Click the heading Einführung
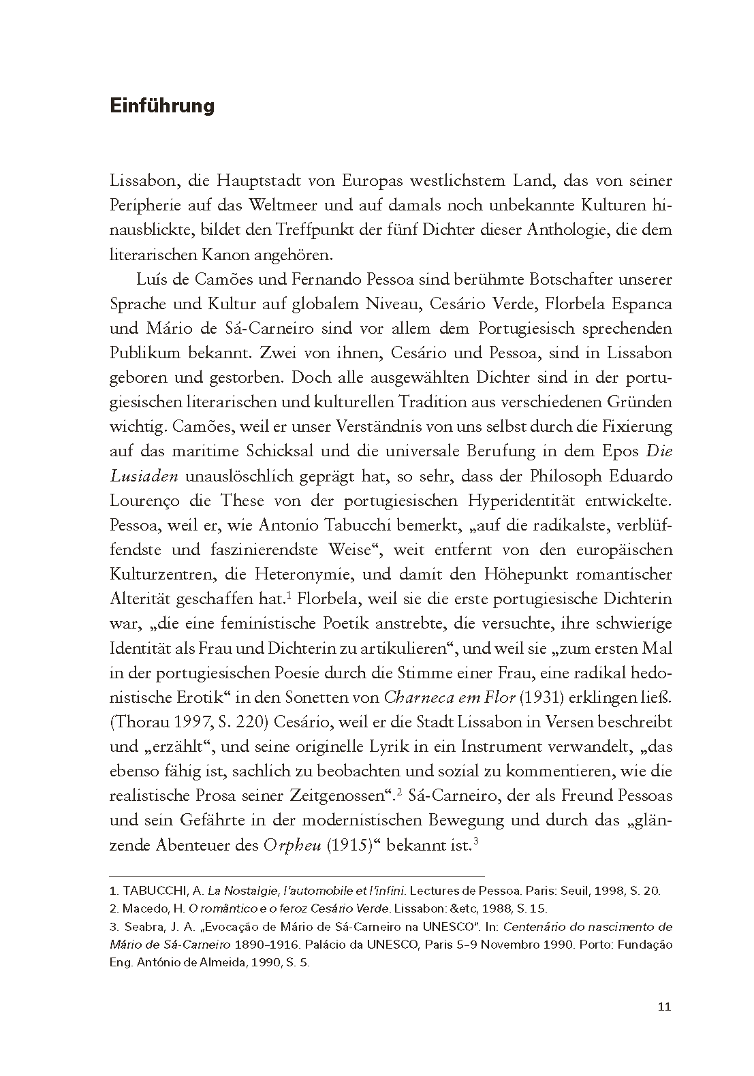point(161,106)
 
